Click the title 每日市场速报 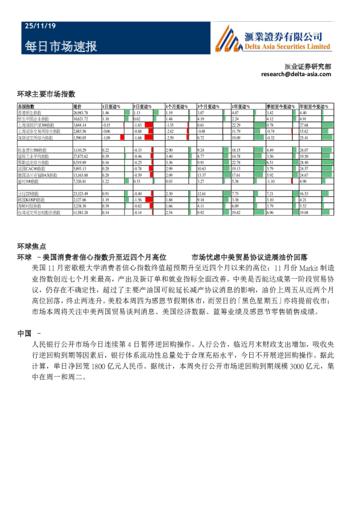[x=60, y=47]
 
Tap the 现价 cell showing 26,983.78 [x=81, y=113]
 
